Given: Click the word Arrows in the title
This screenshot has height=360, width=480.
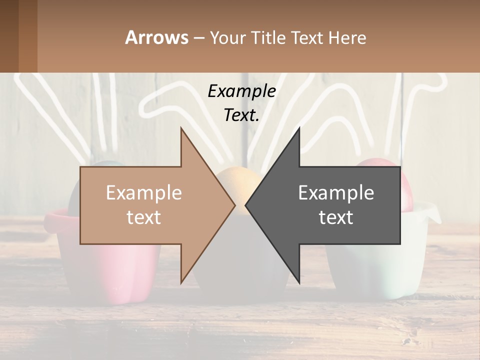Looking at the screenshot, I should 156,37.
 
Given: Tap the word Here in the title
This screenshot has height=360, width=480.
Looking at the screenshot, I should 347,37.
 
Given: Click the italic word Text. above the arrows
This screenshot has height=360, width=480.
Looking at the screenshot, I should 241,115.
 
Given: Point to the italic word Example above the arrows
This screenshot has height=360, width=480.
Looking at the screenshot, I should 241,91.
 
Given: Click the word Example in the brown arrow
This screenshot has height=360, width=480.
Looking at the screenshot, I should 143,193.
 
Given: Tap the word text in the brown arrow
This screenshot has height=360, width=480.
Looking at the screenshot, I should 143,217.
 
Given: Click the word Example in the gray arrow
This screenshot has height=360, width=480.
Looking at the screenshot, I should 336,193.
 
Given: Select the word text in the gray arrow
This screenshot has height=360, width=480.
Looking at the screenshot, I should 336,217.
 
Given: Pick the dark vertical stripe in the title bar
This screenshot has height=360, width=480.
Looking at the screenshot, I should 28,36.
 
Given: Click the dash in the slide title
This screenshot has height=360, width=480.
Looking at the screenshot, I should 198,38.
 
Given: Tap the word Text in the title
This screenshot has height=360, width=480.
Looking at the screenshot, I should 306,37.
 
